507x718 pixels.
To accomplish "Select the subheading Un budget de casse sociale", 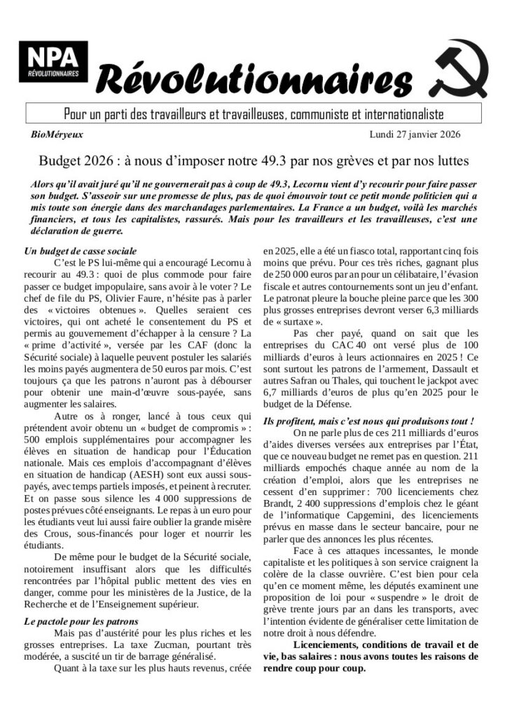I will (80, 251).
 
